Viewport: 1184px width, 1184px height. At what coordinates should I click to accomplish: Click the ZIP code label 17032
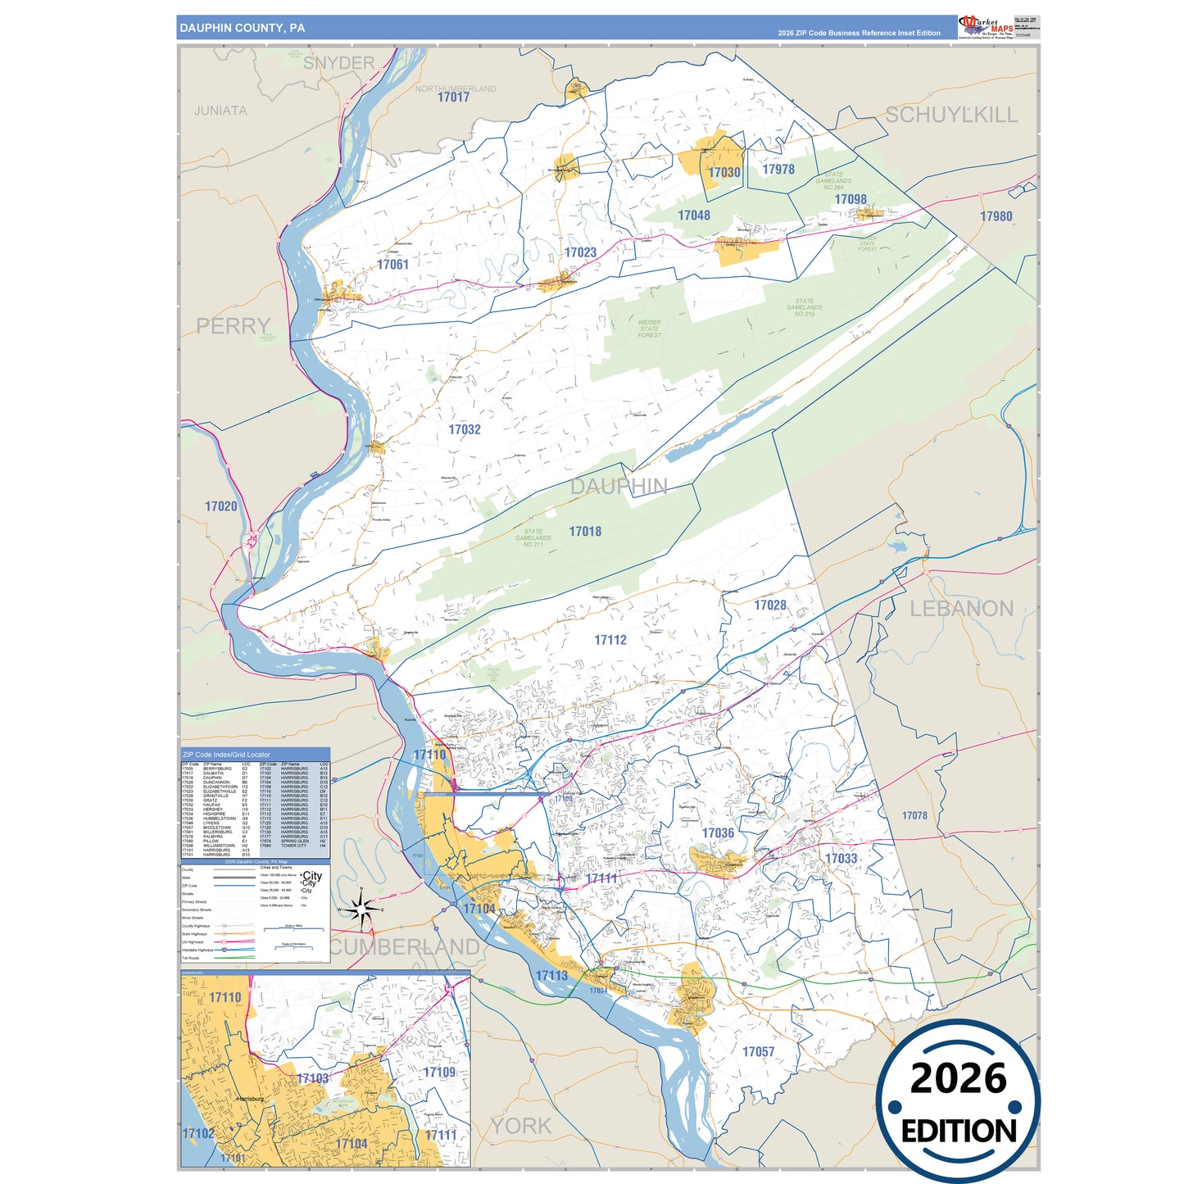[465, 429]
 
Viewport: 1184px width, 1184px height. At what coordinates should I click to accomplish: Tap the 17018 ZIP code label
[585, 532]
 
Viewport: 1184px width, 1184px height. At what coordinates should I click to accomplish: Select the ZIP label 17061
[392, 265]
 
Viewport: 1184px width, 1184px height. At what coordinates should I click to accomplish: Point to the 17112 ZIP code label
[610, 640]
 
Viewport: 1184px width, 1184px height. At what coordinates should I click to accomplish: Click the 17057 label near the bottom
[758, 1052]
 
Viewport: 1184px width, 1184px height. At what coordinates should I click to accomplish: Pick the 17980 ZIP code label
[996, 216]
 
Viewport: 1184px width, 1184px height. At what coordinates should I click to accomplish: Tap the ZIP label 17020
[221, 506]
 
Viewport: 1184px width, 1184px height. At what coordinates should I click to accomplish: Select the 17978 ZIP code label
[778, 170]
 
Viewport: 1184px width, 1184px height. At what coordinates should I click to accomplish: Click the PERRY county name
[233, 326]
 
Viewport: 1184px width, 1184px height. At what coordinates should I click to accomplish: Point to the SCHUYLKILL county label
[951, 116]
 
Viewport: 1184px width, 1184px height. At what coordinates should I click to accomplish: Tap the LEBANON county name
[962, 609]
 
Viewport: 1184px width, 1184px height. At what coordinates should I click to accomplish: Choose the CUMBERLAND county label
[405, 947]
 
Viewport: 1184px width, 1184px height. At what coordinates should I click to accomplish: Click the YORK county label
[521, 1127]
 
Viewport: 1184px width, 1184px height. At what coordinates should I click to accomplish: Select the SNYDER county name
[338, 63]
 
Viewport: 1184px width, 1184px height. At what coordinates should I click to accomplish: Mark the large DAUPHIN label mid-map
[619, 487]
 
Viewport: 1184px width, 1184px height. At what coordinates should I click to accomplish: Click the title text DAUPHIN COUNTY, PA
[243, 28]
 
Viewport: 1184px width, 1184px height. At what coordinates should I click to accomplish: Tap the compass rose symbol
[361, 910]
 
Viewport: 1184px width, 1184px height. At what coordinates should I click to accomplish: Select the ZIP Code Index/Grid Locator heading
[226, 755]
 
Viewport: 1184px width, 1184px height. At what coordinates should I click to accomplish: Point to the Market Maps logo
[986, 27]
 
